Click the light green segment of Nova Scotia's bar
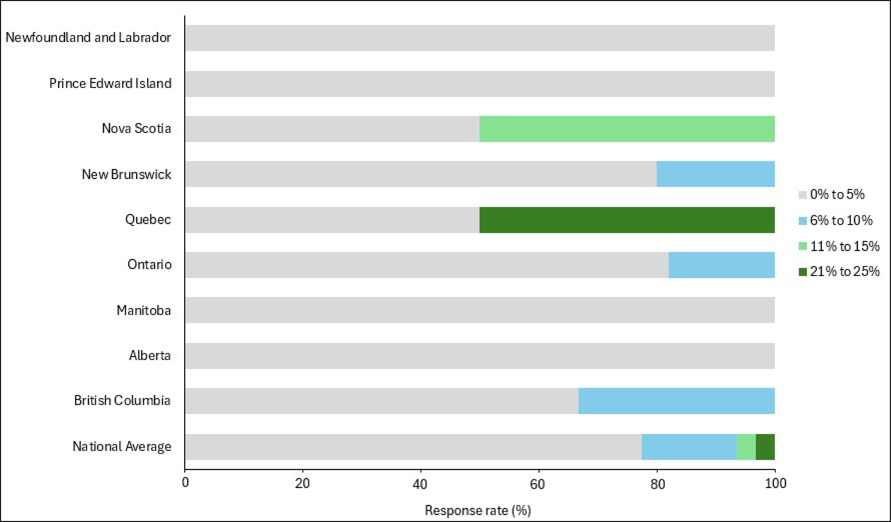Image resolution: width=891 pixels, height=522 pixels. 627,129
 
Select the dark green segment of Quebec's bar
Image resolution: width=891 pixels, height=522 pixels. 627,220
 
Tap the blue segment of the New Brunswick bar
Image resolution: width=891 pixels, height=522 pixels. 716,174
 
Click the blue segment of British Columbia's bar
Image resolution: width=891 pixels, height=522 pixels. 676,401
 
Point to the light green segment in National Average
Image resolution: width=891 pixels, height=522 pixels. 746,447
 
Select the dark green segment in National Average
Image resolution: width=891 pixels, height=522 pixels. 765,447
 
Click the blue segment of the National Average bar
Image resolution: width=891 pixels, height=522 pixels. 689,447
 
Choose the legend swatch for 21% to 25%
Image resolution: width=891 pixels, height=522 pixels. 803,271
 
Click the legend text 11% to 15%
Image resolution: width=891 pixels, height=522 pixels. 844,246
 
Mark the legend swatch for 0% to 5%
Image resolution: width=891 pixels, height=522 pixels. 803,195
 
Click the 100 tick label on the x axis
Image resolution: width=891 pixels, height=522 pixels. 775,483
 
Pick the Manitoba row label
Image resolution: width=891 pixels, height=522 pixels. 144,310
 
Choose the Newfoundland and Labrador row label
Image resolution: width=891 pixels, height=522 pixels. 88,38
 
